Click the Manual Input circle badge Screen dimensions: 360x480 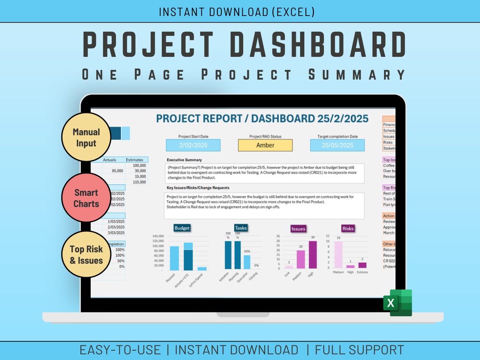pyautogui.click(x=86, y=137)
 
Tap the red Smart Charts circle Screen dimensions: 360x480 pyautogui.click(x=86, y=198)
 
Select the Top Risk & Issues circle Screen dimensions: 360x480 pyautogui.click(x=86, y=255)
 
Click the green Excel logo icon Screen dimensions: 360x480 pyautogui.click(x=398, y=303)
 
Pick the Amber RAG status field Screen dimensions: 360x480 pyautogui.click(x=265, y=145)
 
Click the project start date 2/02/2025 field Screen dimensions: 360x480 pyautogui.click(x=193, y=145)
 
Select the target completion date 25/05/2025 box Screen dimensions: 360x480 pyautogui.click(x=337, y=145)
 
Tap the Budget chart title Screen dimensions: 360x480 pyautogui.click(x=182, y=228)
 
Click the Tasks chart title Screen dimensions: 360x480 pyautogui.click(x=240, y=228)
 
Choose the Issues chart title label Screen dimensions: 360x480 pyautogui.click(x=298, y=229)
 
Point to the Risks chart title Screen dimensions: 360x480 pyautogui.click(x=348, y=228)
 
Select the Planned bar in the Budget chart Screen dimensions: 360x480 pyautogui.click(x=175, y=258)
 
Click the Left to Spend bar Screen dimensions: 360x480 pyautogui.click(x=202, y=268)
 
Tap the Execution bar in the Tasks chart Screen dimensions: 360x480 pyautogui.click(x=247, y=262)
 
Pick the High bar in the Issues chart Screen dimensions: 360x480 pyautogui.click(x=313, y=255)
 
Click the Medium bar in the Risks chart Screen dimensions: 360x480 pyautogui.click(x=339, y=255)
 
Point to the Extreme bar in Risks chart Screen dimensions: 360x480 pyautogui.click(x=362, y=265)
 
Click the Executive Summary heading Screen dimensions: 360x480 pyautogui.click(x=184, y=160)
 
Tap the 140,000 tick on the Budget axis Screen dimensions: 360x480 pyautogui.click(x=158, y=236)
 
